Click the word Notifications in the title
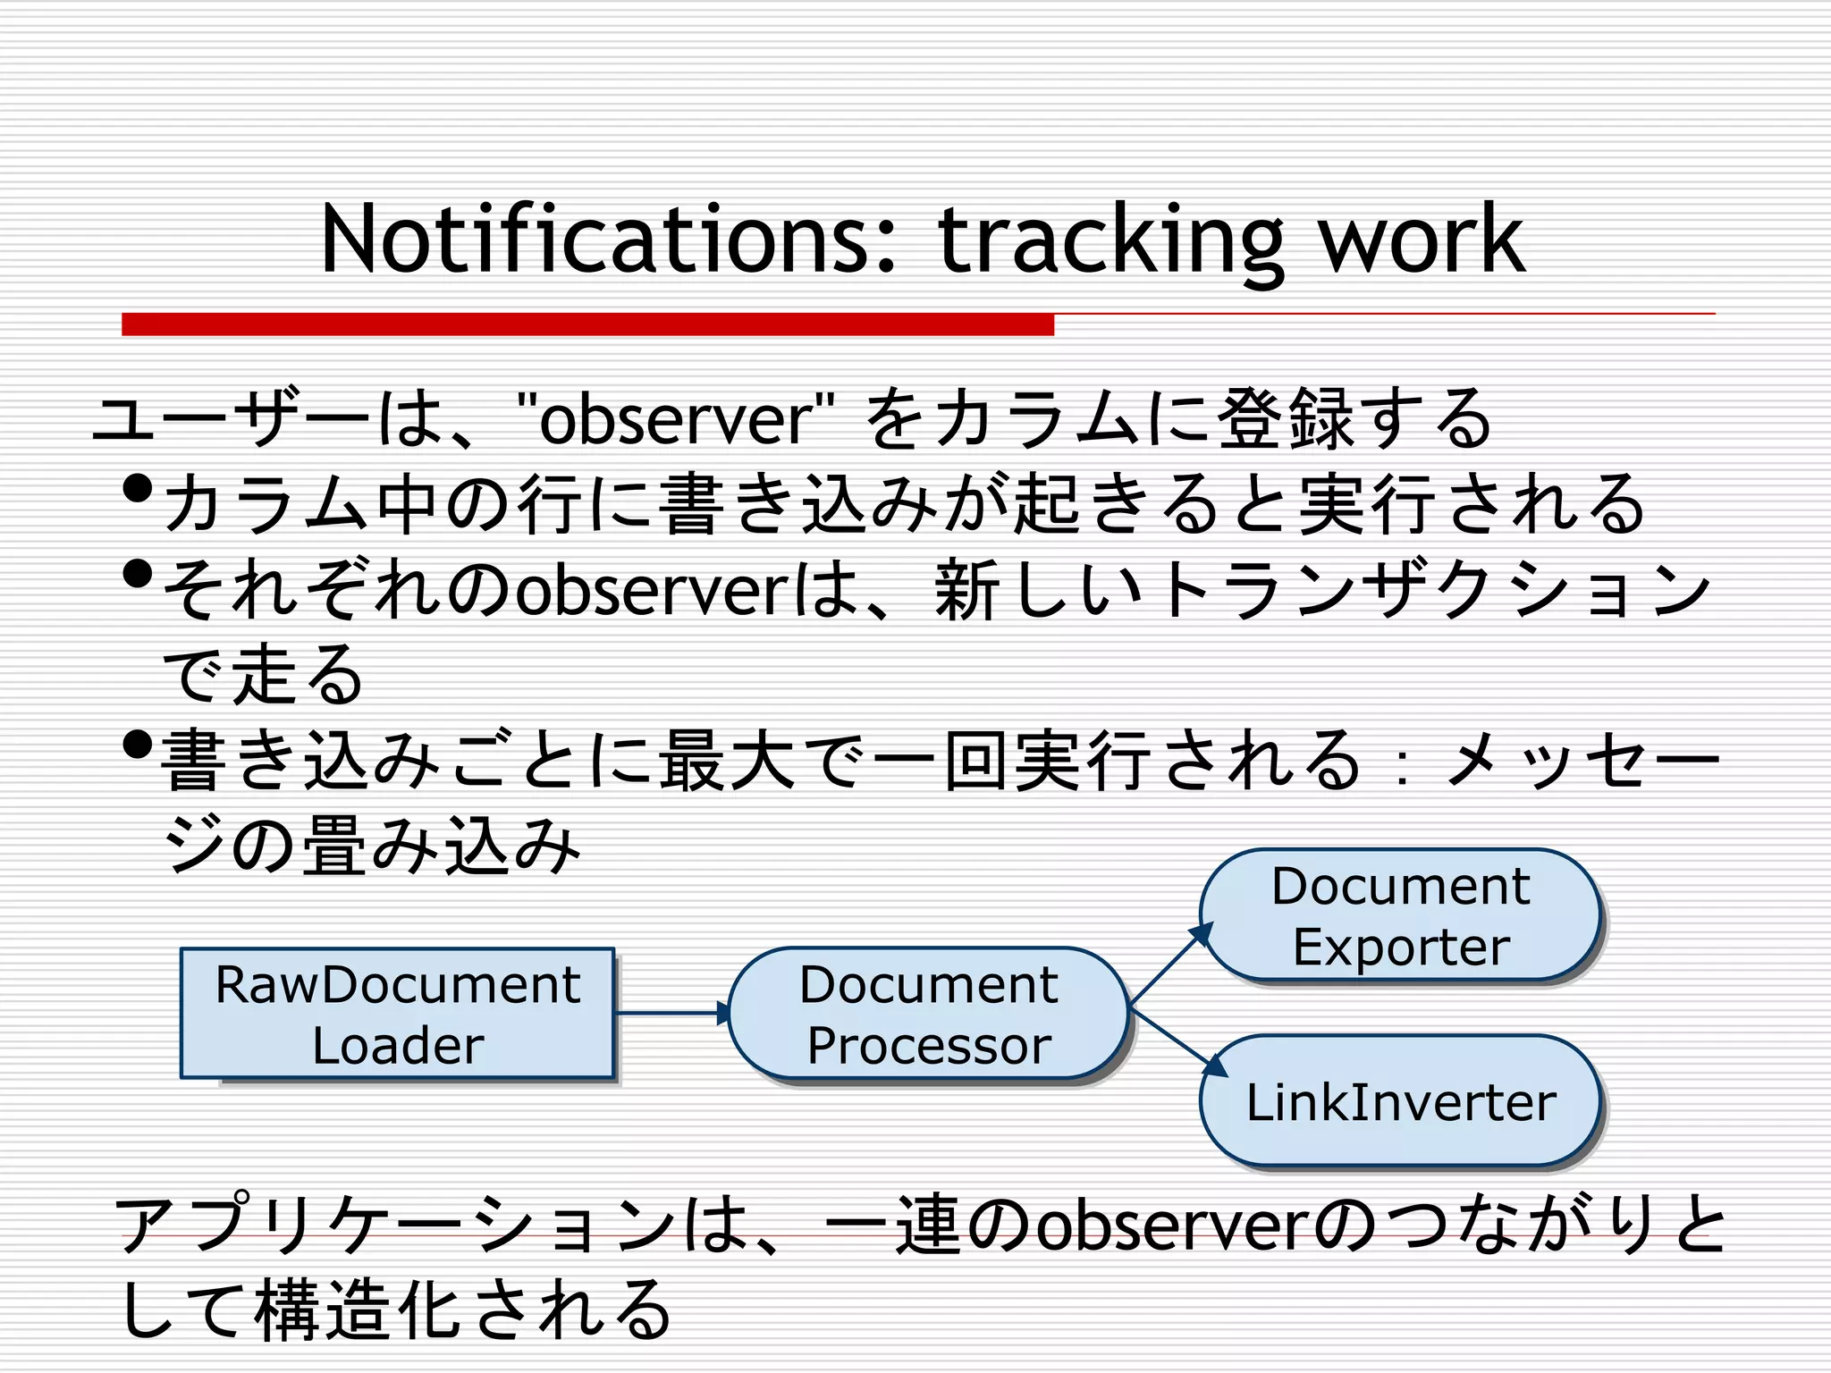pyautogui.click(x=608, y=240)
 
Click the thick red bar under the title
pyautogui.click(x=587, y=324)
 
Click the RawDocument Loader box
pyautogui.click(x=398, y=1014)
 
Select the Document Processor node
pyautogui.click(x=928, y=1014)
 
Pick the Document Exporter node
pyautogui.click(x=1400, y=915)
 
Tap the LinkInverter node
pyautogui.click(x=1400, y=1101)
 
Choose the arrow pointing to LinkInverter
pyautogui.click(x=1177, y=1042)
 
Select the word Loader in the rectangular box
pyautogui.click(x=398, y=1046)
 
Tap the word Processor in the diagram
pyautogui.click(x=928, y=1046)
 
